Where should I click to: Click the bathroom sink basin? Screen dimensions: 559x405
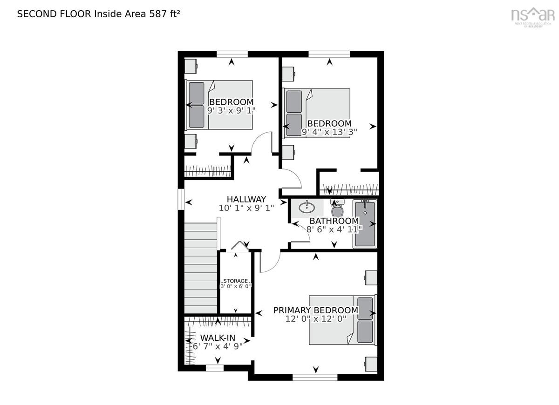click(x=307, y=207)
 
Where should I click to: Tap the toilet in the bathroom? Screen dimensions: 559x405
click(x=337, y=208)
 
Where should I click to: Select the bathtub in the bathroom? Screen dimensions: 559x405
click(x=365, y=224)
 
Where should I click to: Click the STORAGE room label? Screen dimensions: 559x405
click(x=236, y=281)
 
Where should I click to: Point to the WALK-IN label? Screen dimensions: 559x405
click(x=218, y=338)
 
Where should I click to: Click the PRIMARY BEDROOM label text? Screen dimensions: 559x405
click(x=316, y=310)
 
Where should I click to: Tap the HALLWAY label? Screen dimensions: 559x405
click(x=246, y=199)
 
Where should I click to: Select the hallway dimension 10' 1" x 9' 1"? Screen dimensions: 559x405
click(x=246, y=208)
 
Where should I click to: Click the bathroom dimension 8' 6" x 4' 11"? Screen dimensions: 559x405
click(x=334, y=229)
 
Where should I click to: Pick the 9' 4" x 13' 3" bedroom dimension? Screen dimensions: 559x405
click(x=329, y=132)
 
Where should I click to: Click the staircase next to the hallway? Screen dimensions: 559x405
click(x=200, y=268)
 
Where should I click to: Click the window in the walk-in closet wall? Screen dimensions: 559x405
click(x=215, y=368)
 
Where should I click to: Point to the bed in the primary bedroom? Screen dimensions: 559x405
click(x=343, y=320)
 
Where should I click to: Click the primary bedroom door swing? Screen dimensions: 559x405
click(x=270, y=262)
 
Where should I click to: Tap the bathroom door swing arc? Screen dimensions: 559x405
click(x=301, y=232)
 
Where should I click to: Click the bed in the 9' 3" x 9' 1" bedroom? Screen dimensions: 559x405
click(x=218, y=105)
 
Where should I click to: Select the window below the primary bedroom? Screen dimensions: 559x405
click(x=315, y=378)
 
